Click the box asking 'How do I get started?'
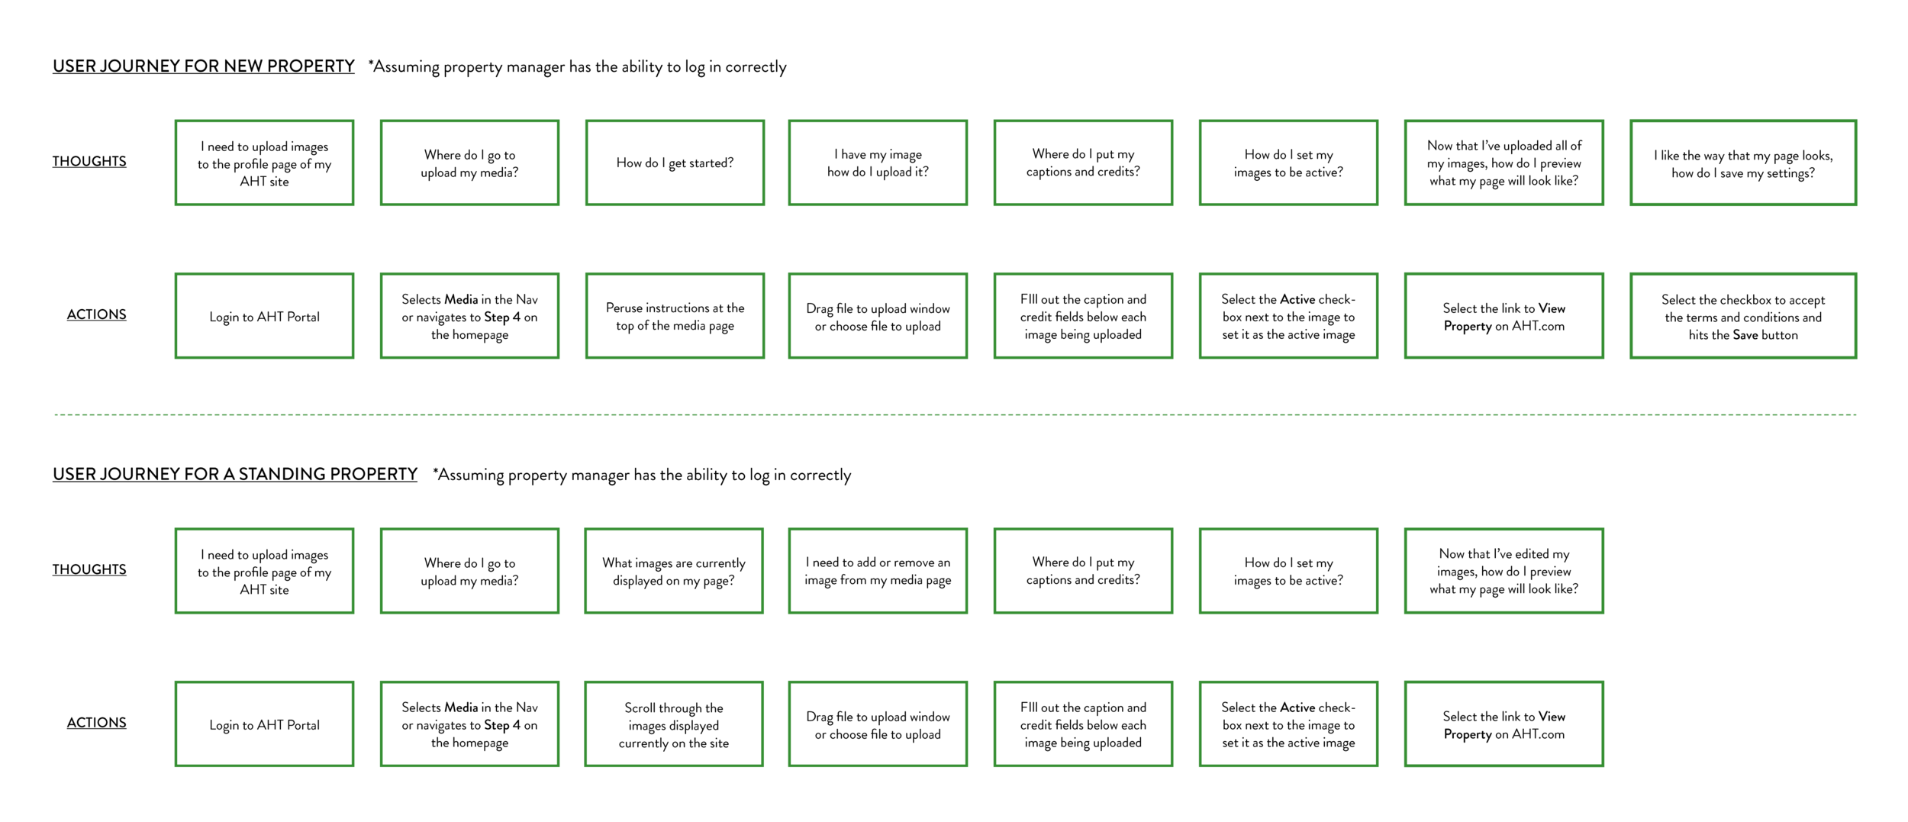(675, 163)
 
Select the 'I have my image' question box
(878, 163)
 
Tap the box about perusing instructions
(675, 316)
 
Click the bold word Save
(1745, 335)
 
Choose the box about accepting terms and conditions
(1743, 316)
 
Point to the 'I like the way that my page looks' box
(1743, 163)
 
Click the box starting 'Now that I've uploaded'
(1504, 163)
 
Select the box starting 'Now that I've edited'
(1504, 571)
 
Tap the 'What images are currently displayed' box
(674, 571)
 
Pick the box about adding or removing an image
(878, 571)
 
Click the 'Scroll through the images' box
(674, 724)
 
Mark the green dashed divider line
(954, 414)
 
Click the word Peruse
(625, 308)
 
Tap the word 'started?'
(711, 163)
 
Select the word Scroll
(640, 708)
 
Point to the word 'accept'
(1806, 300)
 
